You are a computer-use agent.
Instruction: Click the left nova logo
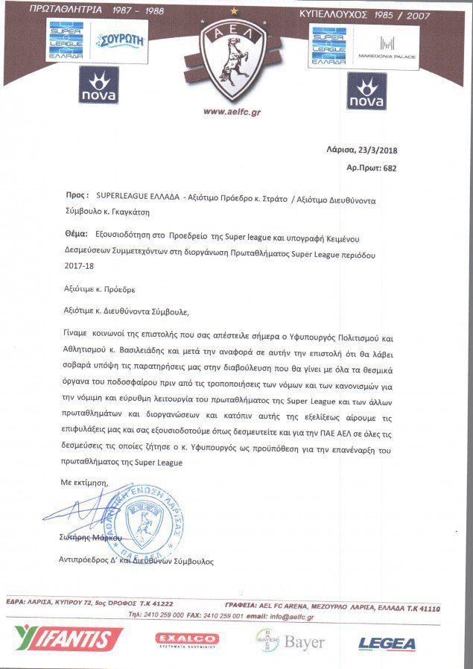(x=99, y=86)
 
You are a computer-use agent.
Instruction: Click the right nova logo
(x=366, y=92)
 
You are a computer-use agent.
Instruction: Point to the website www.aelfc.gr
(x=236, y=112)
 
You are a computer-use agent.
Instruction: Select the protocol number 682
(x=389, y=168)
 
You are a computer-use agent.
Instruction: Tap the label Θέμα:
(x=77, y=233)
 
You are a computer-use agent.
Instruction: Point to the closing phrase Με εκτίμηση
(x=84, y=483)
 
